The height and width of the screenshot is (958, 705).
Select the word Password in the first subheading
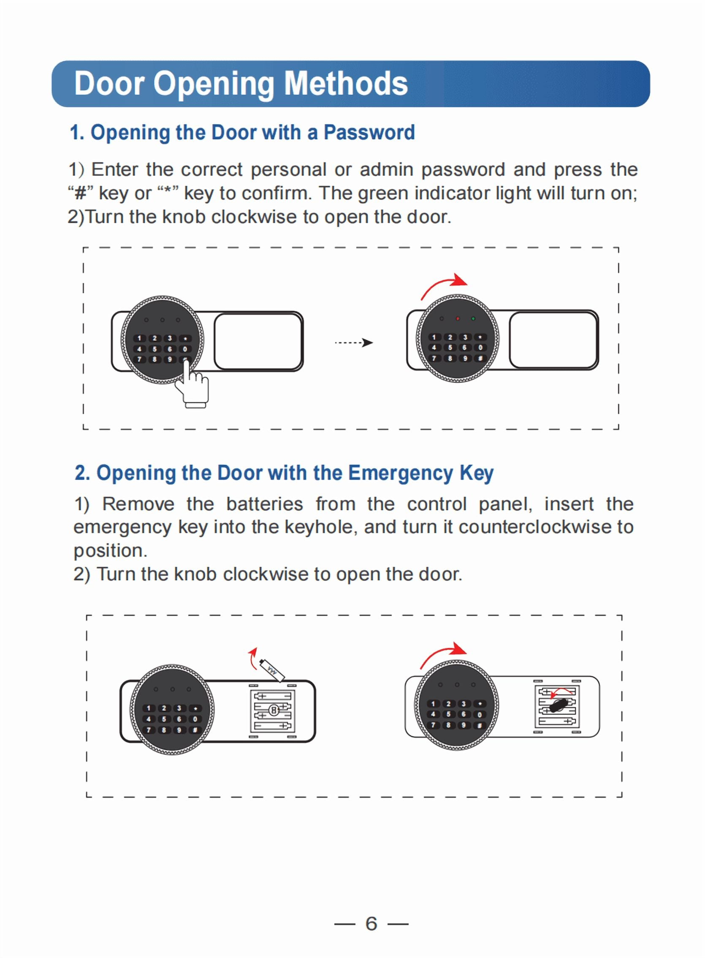(369, 132)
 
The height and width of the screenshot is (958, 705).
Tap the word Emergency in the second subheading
(400, 473)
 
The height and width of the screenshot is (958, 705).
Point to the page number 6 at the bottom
(371, 923)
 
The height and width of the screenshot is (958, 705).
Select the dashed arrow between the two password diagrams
(353, 343)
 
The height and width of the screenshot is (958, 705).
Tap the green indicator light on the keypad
(473, 318)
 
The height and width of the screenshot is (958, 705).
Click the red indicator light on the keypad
(458, 318)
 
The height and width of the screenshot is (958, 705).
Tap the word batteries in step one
(264, 504)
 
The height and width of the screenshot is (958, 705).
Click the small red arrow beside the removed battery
(252, 657)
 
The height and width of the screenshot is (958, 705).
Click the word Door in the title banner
(109, 83)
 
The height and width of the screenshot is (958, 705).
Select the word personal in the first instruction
(288, 170)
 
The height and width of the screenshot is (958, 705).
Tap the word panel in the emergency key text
(505, 504)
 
